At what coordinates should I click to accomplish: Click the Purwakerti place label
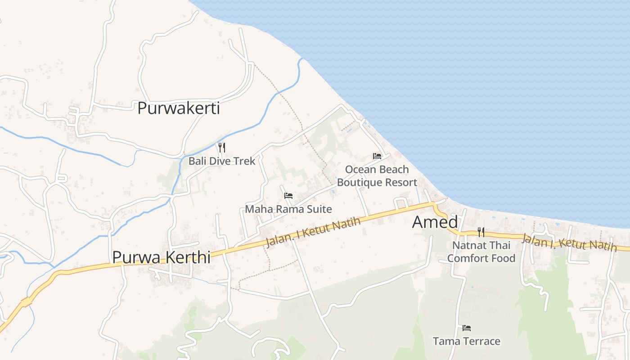179,108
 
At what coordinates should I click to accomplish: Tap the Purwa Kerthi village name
161,257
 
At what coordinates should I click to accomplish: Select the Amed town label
435,222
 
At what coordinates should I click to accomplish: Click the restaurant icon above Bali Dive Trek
221,147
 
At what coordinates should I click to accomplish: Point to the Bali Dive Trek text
222,161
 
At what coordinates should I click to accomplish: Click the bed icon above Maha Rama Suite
288,196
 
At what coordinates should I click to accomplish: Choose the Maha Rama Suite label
288,209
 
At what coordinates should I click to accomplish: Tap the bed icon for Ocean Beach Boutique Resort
377,156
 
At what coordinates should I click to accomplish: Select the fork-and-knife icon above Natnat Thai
481,232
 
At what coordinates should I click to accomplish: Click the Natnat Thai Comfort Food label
481,252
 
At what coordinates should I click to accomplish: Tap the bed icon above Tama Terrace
467,328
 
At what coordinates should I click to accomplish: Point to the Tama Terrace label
467,342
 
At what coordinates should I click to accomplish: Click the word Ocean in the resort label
360,170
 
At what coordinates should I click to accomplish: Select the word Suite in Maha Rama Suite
320,209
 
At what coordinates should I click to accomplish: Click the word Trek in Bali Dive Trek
246,161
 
